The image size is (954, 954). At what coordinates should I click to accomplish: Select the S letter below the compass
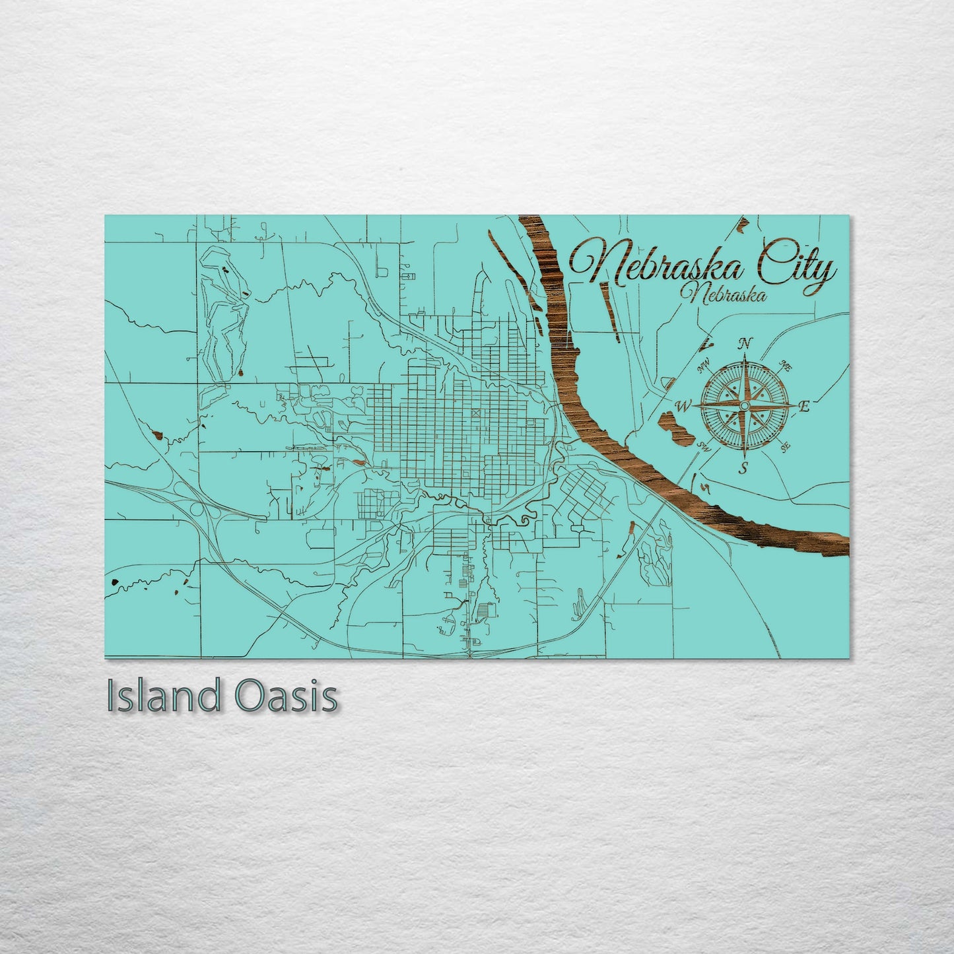(x=743, y=469)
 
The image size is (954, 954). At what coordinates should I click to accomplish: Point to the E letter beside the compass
(x=803, y=407)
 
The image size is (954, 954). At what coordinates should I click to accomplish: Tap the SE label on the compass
(x=786, y=446)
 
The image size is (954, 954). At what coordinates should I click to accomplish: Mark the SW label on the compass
(x=704, y=446)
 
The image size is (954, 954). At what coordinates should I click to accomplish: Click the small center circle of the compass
(x=745, y=405)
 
